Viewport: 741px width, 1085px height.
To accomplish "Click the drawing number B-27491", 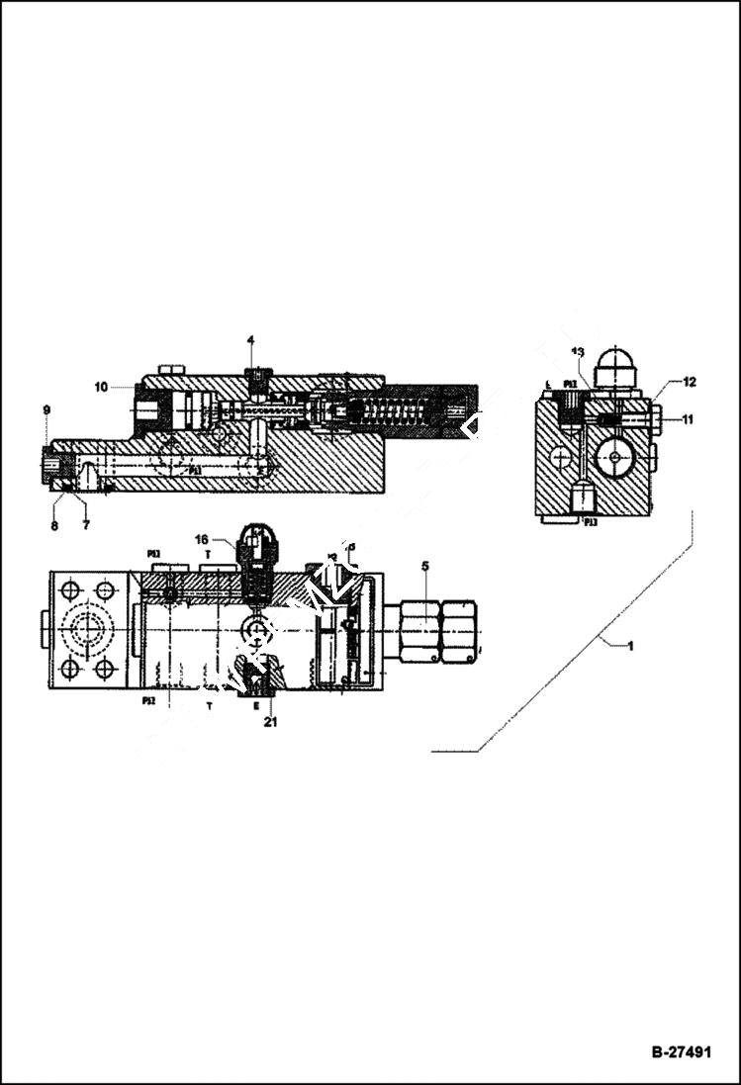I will click(680, 1052).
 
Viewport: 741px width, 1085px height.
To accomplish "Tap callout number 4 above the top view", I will click(250, 340).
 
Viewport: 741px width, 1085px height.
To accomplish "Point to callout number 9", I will click(46, 409).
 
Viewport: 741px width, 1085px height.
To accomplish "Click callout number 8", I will click(54, 526).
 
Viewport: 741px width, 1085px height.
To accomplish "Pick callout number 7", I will click(86, 526).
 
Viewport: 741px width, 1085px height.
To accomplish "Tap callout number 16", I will click(201, 540).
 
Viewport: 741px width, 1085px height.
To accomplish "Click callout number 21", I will click(269, 723).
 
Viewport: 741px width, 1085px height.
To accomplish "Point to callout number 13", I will click(578, 352).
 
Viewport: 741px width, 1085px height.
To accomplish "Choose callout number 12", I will click(690, 382).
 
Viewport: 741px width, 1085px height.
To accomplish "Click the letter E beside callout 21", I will click(256, 706).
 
